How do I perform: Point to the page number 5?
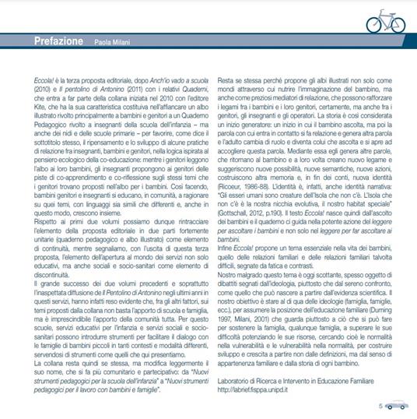380,405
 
